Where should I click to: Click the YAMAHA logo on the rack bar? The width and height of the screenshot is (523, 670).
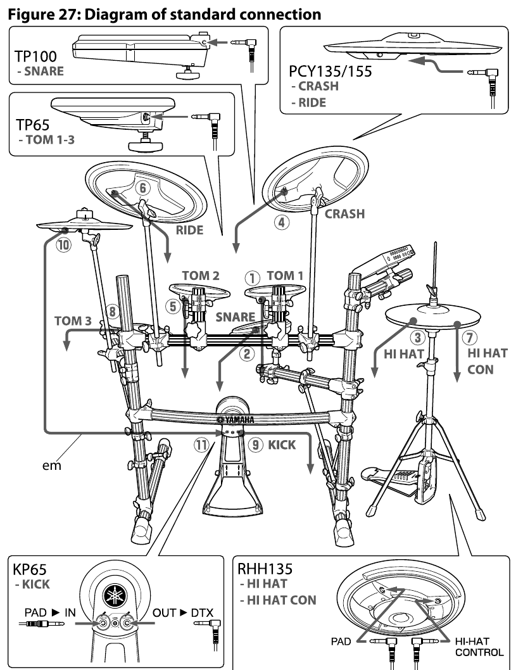coord(235,419)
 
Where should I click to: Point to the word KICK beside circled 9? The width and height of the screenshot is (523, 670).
coord(282,445)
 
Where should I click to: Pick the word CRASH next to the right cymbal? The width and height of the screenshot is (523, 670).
coord(344,214)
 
